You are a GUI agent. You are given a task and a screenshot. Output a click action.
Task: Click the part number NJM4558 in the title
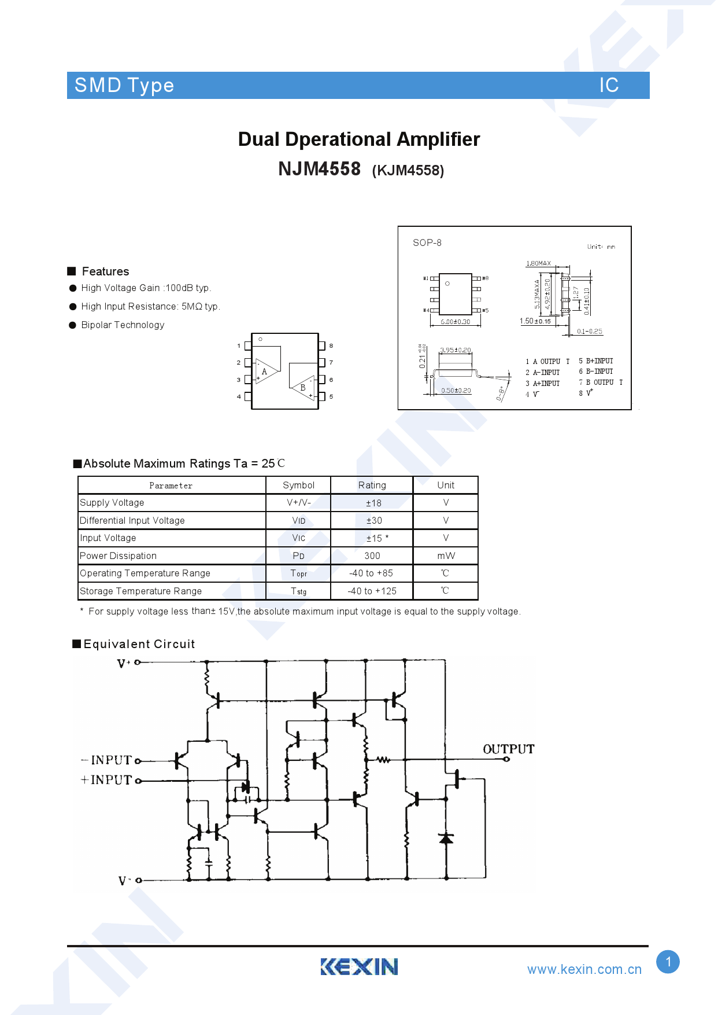pyautogui.click(x=319, y=169)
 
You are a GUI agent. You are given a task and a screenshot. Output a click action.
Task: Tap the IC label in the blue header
pyautogui.click(x=609, y=85)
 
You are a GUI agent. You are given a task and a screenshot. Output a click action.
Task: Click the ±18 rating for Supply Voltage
pyautogui.click(x=373, y=503)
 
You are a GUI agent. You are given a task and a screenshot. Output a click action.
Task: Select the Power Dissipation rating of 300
pyautogui.click(x=372, y=556)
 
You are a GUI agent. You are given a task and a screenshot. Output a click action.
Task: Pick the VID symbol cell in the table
pyautogui.click(x=298, y=520)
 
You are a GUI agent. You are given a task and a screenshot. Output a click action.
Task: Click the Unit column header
pyautogui.click(x=445, y=485)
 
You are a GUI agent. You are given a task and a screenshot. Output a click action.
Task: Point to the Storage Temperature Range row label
pyautogui.click(x=141, y=591)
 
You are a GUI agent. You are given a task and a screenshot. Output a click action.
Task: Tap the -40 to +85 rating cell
pyautogui.click(x=371, y=573)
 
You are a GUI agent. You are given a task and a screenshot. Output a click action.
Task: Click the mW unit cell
pyautogui.click(x=445, y=556)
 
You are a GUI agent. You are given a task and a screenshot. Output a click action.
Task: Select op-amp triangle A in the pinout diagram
pyautogui.click(x=265, y=372)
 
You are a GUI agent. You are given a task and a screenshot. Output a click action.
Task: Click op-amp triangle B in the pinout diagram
pyautogui.click(x=302, y=387)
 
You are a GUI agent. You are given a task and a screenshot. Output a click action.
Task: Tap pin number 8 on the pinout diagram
pyautogui.click(x=331, y=345)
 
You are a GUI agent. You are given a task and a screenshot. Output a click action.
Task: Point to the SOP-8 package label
pyautogui.click(x=427, y=242)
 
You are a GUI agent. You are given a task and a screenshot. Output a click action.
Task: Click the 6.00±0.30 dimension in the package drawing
pyautogui.click(x=456, y=322)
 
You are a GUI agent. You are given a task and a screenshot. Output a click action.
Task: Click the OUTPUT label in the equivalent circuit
pyautogui.click(x=508, y=749)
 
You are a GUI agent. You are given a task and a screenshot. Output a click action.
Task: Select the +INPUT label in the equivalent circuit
pyautogui.click(x=107, y=780)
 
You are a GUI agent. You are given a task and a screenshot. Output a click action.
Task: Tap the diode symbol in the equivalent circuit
pyautogui.click(x=446, y=838)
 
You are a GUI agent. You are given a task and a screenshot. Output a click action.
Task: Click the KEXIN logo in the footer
pyautogui.click(x=359, y=966)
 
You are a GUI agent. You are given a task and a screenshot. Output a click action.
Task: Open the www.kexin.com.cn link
pyautogui.click(x=584, y=969)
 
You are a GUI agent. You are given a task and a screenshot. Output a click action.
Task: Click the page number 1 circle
pyautogui.click(x=668, y=962)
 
